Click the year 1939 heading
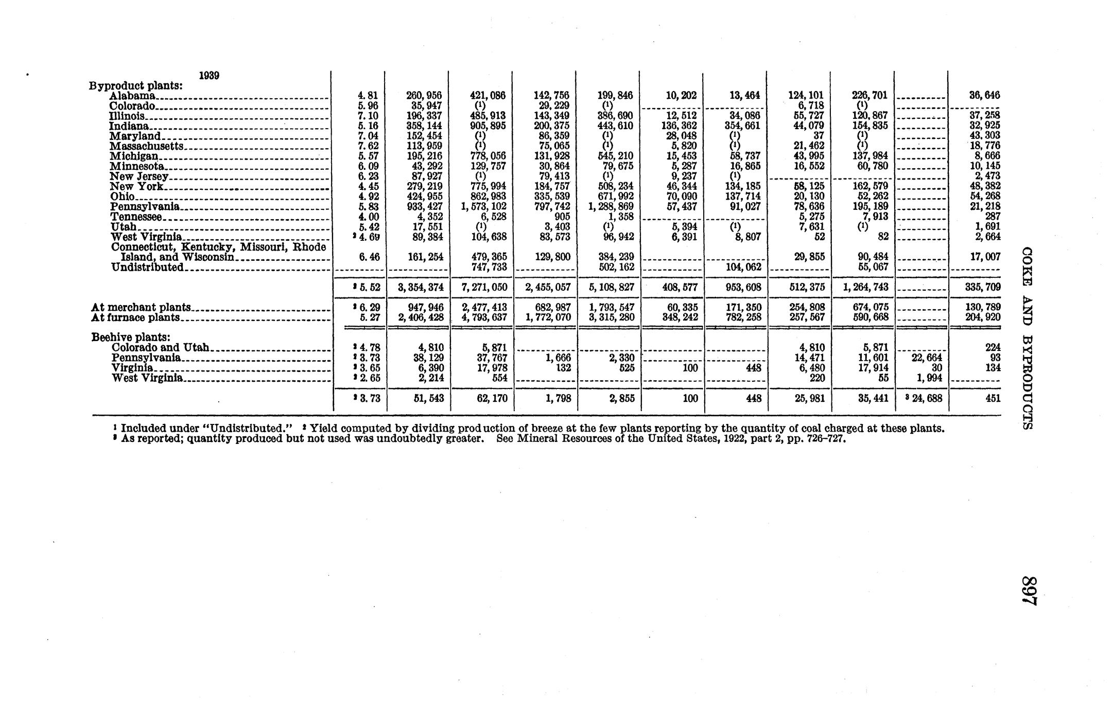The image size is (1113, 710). (209, 75)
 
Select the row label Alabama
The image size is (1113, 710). (132, 96)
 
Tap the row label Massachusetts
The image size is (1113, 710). (147, 146)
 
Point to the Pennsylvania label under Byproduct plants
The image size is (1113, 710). (145, 207)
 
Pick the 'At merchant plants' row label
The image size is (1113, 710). (141, 308)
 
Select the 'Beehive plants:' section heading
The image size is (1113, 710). (131, 338)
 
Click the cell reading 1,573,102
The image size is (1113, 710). (484, 207)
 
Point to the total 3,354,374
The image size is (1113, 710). (420, 287)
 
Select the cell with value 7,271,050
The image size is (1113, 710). (484, 287)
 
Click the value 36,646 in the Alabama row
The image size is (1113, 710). (984, 96)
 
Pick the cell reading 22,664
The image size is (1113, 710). (927, 358)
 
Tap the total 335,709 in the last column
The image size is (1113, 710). (983, 287)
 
